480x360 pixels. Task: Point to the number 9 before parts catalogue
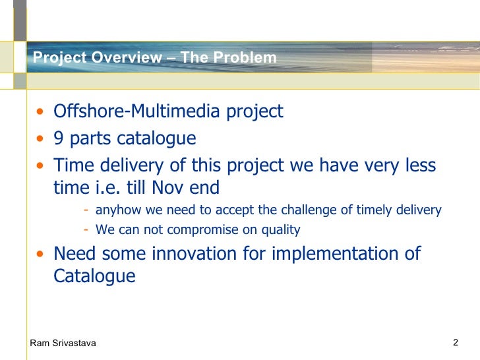click(x=59, y=138)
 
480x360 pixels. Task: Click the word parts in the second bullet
click(x=90, y=139)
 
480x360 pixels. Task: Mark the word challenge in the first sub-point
click(x=309, y=210)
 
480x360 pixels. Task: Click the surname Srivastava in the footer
click(x=73, y=344)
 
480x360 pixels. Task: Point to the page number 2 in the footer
click(x=455, y=343)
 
